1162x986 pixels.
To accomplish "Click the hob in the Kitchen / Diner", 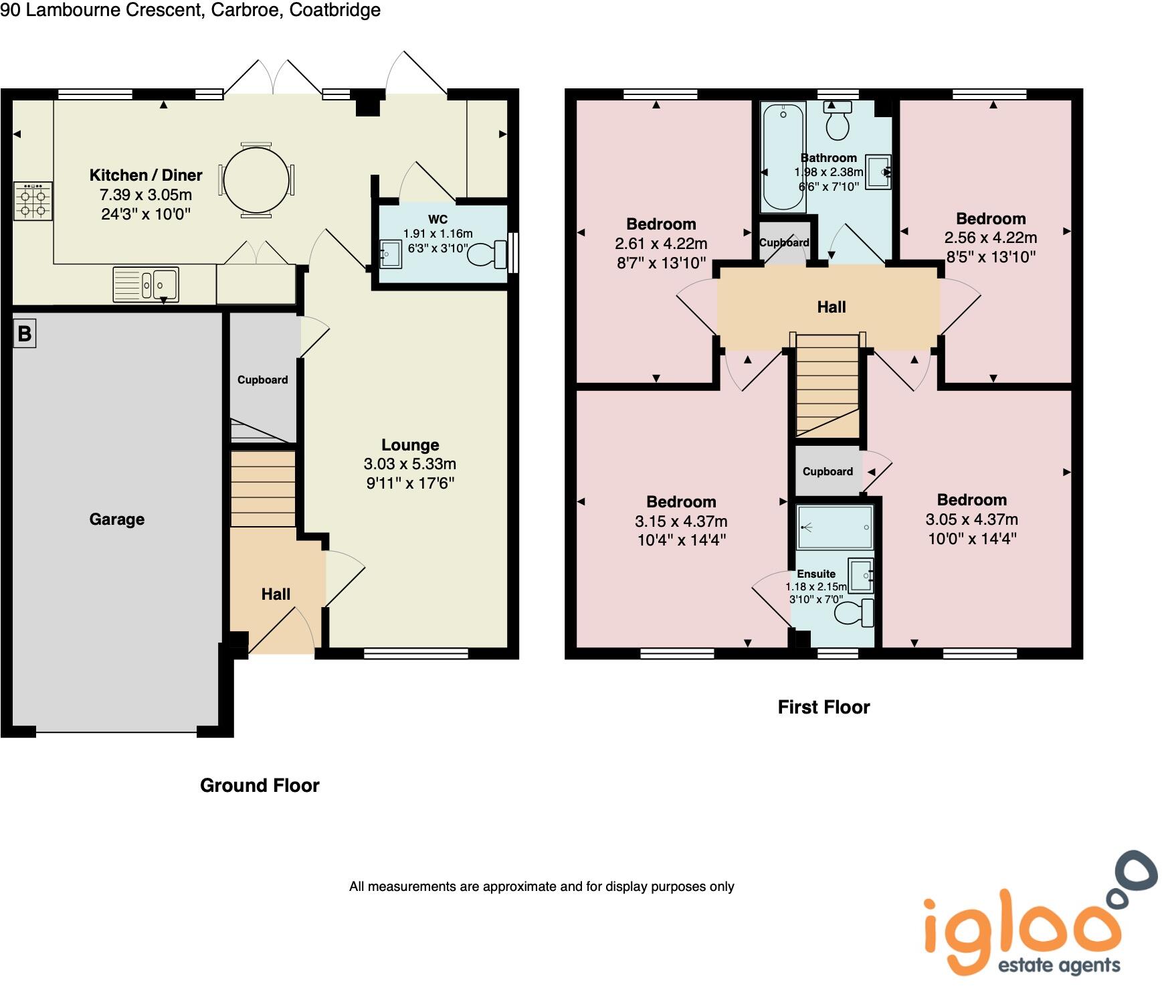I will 33,201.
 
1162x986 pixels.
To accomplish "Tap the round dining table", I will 256,180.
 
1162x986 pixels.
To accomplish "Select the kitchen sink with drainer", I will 146,284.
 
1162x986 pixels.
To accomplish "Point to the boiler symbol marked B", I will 24,333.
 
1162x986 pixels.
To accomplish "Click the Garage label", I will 117,519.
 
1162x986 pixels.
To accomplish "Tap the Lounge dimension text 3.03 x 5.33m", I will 409,464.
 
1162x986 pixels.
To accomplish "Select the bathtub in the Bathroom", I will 783,155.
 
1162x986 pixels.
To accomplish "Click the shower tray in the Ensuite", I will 835,527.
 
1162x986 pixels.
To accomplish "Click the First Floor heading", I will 824,708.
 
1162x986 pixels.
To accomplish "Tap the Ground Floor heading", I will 260,785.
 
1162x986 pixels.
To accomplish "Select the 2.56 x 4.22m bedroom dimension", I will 990,238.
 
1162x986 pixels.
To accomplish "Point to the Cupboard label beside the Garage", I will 262,380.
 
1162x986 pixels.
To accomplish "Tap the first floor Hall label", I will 832,307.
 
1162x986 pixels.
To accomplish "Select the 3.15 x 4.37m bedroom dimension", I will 681,521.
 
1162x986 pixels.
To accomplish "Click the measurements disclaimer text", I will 541,887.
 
